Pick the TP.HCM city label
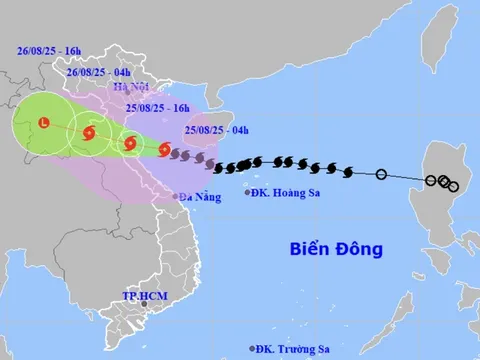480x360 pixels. point(142,296)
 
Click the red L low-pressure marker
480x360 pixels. point(43,122)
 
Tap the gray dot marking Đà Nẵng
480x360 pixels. point(176,196)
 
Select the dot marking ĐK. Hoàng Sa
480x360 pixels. point(249,192)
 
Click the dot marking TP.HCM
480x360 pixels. point(143,305)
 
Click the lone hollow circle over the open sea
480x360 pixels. point(381,175)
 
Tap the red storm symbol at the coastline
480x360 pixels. point(163,150)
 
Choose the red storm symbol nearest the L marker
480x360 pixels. point(89,132)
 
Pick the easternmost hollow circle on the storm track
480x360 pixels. point(454,187)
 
